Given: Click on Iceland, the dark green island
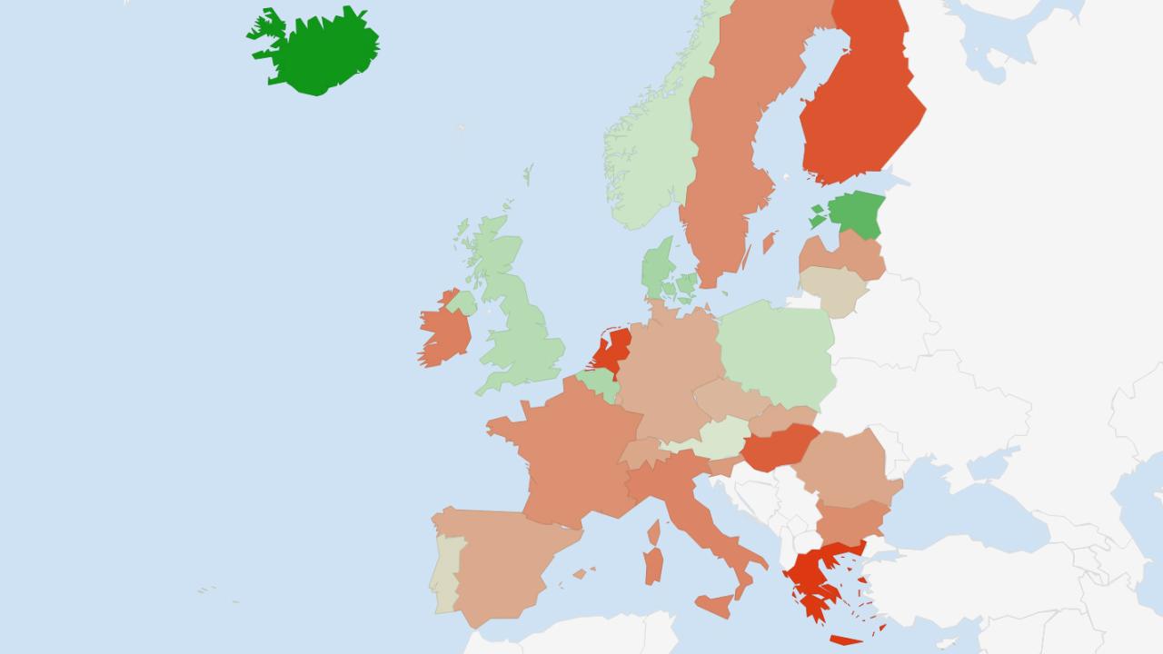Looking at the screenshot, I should pyautogui.click(x=318, y=50).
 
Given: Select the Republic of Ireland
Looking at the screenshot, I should pyautogui.click(x=443, y=332).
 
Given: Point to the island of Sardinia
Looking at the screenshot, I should pyautogui.click(x=653, y=565).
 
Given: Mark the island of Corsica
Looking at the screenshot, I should pyautogui.click(x=654, y=531).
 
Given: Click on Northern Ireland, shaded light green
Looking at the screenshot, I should pyautogui.click(x=462, y=302).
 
